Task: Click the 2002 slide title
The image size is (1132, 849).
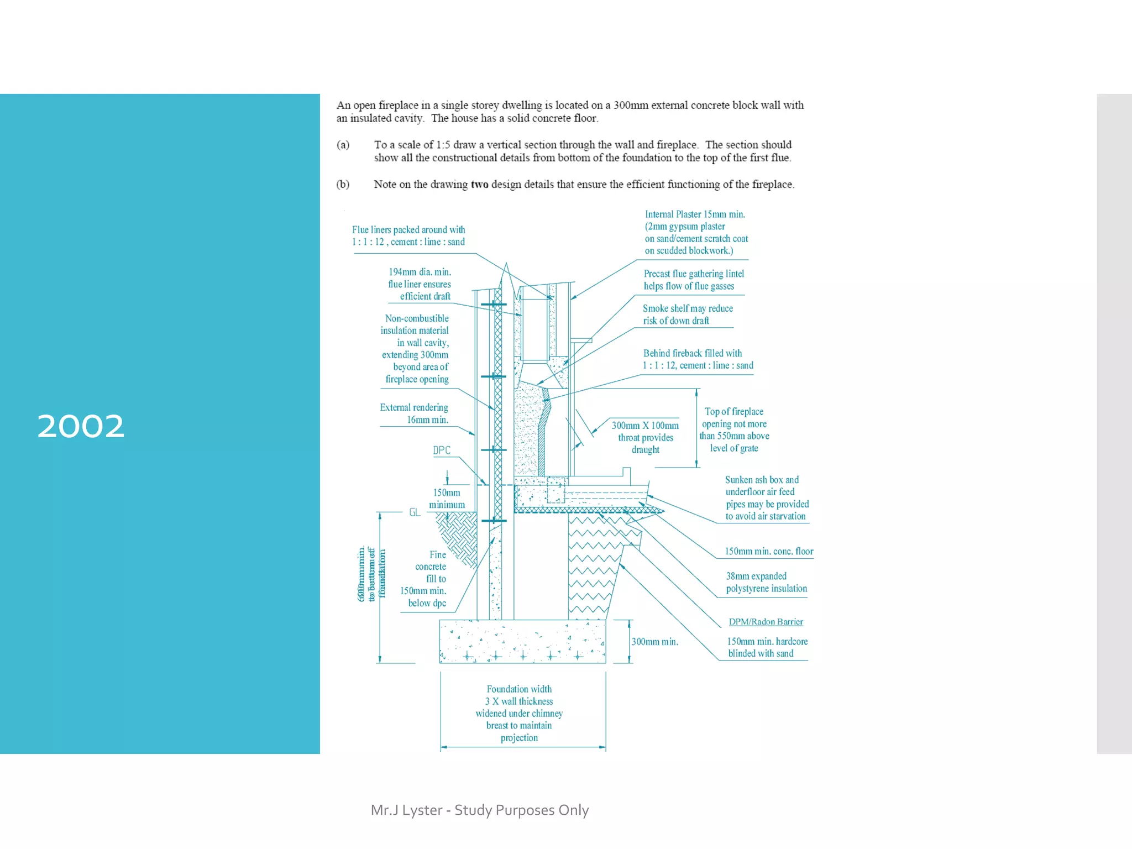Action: [81, 426]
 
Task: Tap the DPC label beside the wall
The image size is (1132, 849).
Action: [442, 450]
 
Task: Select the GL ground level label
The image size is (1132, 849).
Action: [415, 512]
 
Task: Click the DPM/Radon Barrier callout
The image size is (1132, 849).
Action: [766, 622]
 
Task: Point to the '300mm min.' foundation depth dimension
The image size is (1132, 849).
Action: [655, 642]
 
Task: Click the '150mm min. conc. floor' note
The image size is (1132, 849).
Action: [769, 551]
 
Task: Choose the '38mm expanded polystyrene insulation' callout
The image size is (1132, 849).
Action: [766, 583]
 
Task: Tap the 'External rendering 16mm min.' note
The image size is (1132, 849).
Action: [414, 413]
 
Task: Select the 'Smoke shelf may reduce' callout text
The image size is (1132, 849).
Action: [688, 308]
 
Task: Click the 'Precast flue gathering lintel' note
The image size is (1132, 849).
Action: [694, 274]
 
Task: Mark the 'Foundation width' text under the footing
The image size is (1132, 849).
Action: [519, 689]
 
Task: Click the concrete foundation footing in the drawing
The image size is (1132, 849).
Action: [522, 641]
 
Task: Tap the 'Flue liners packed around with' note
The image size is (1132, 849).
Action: [408, 230]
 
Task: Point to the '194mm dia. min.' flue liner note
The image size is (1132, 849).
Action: [420, 272]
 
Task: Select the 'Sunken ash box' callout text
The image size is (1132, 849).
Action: [762, 480]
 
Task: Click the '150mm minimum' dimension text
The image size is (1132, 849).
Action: [447, 499]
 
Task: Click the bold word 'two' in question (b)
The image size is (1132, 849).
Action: [479, 185]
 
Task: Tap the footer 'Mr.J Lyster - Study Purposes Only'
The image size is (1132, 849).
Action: [480, 810]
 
